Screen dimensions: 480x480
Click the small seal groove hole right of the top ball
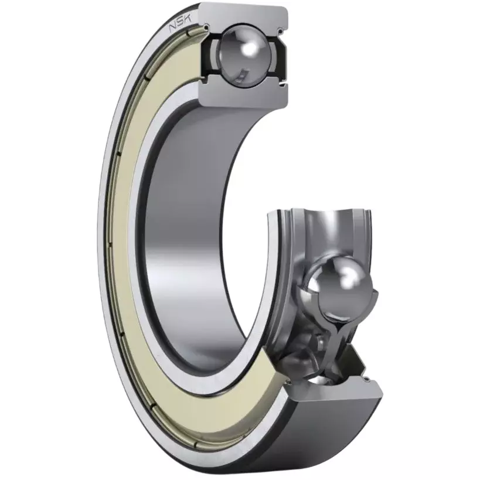(280, 30)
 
